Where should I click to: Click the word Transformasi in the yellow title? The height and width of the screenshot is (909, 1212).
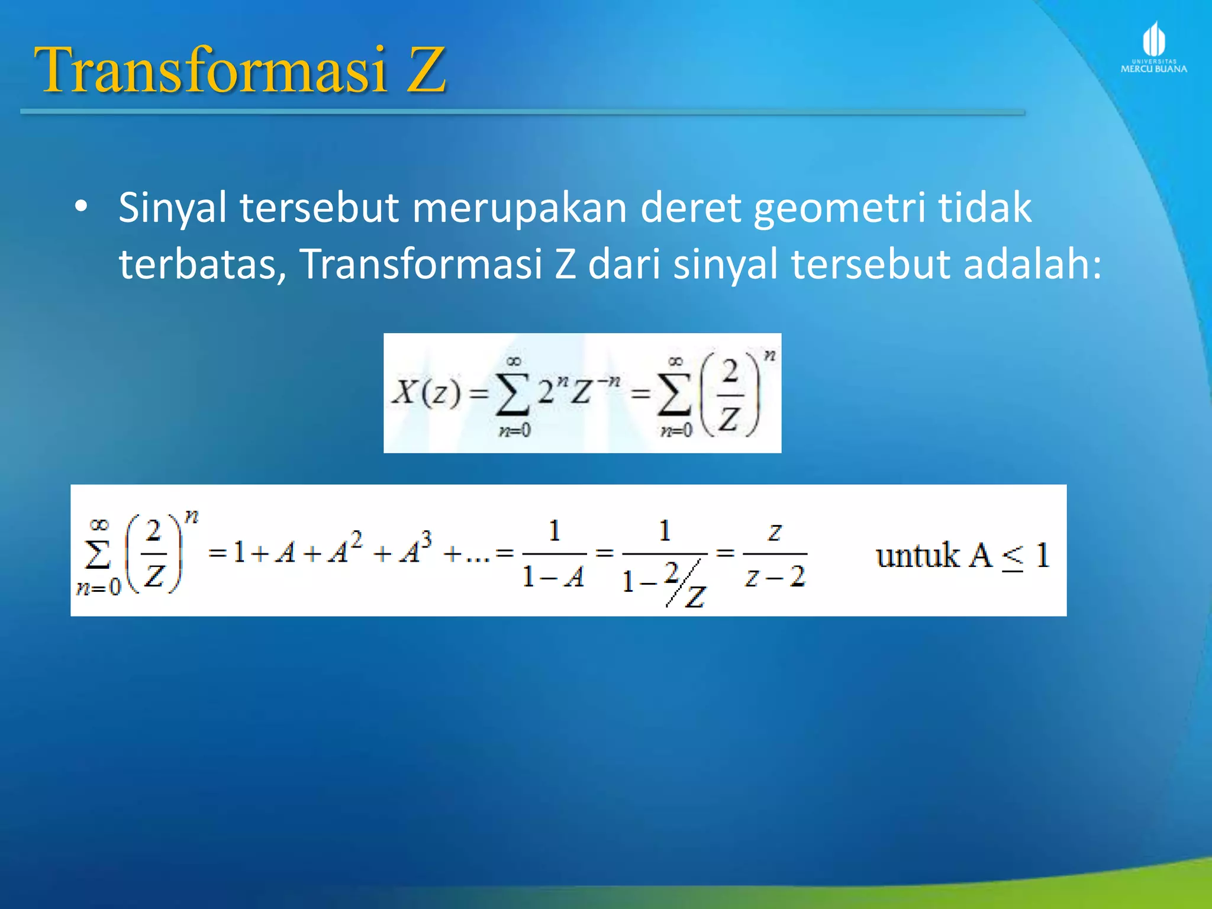point(210,71)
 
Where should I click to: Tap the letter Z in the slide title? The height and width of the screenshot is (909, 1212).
point(425,71)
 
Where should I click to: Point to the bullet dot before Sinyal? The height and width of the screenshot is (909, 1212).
point(81,208)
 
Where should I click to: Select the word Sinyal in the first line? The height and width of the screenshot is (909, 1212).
point(172,209)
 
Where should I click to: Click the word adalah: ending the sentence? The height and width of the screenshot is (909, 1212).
point(1033,264)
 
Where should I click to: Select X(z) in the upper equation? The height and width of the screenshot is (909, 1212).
point(426,392)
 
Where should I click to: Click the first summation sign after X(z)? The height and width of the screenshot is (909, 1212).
point(512,394)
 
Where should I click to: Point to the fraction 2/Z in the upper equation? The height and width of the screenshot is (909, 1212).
point(730,395)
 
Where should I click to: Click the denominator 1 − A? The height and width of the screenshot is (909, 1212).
point(553,576)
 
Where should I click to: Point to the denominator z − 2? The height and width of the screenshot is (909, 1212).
point(775,576)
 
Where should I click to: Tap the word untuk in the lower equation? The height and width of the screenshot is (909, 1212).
point(917,556)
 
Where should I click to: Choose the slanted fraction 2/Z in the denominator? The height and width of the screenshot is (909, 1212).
point(684,585)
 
